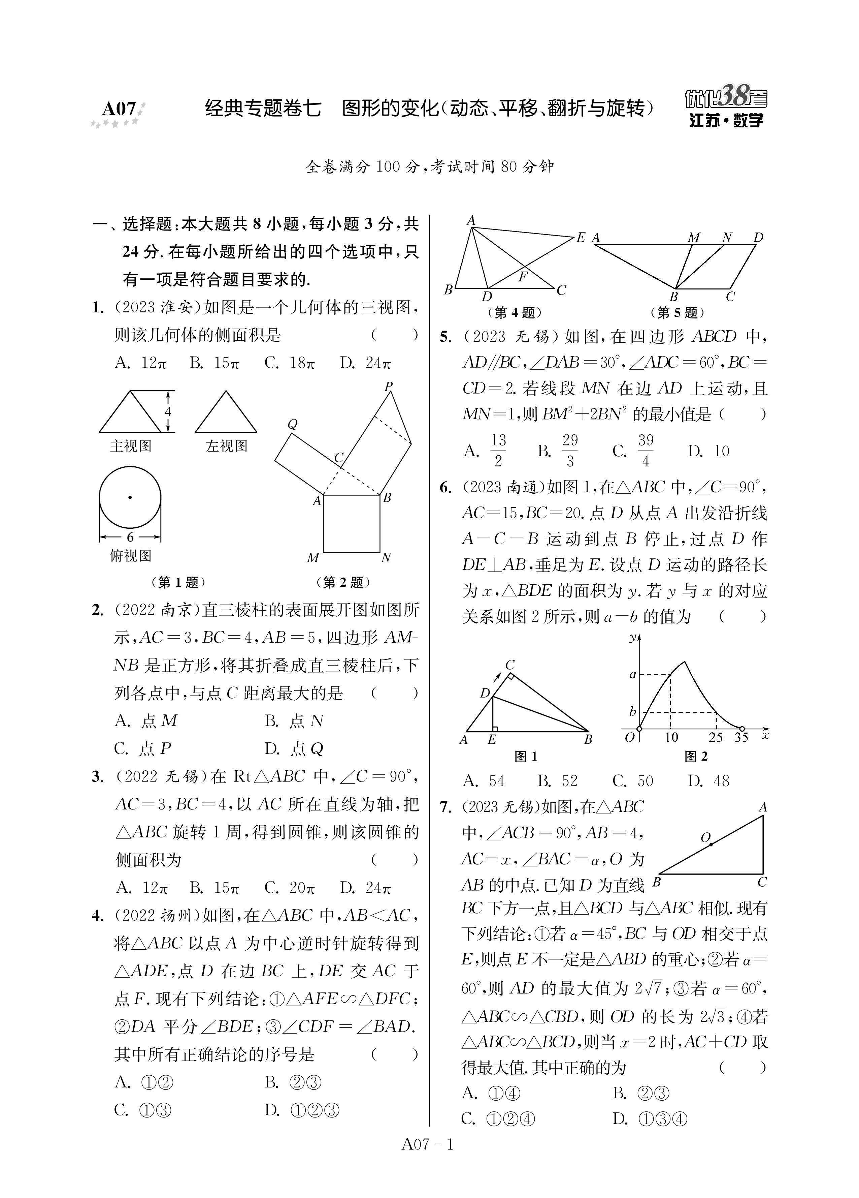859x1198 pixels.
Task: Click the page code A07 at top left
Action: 119,109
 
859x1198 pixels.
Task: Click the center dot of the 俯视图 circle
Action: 130,497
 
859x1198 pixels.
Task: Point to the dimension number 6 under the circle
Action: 130,537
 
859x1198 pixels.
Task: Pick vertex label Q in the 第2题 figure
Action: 292,424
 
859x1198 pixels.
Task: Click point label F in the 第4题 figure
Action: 523,276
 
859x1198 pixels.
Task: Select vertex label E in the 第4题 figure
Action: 581,238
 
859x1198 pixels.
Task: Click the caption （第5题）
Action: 678,313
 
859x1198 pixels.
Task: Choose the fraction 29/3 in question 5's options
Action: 570,451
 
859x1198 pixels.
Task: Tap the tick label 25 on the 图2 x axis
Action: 716,737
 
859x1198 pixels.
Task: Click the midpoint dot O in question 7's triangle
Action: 711,844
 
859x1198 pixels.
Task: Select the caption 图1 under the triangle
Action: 526,757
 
